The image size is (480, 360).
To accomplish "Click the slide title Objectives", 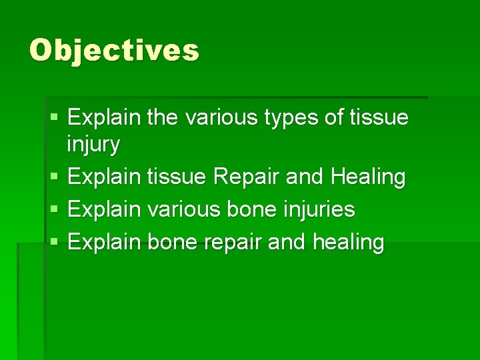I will coord(114,50).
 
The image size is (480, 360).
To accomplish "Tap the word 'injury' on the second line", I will coord(94,144).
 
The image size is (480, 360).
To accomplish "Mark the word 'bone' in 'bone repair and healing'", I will coord(170,241).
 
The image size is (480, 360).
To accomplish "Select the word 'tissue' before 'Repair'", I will coord(177,177).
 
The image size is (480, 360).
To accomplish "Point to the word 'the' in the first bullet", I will coord(163,118).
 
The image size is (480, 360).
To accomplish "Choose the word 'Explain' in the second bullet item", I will coord(104,177).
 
